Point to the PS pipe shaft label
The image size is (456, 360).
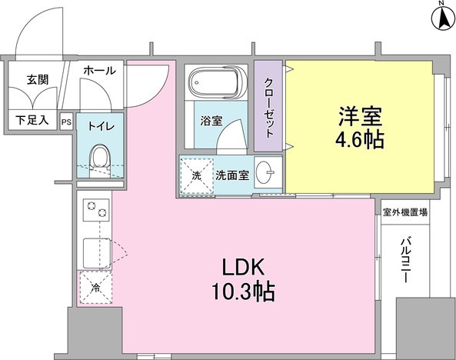click(x=66, y=121)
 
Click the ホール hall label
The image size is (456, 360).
click(x=99, y=71)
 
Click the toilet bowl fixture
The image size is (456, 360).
click(x=98, y=159)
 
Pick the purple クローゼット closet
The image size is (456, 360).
click(x=268, y=106)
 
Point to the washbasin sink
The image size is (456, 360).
click(x=265, y=172)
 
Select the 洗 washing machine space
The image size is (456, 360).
click(x=196, y=176)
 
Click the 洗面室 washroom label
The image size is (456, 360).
click(x=231, y=175)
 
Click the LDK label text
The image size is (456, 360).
click(x=244, y=268)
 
